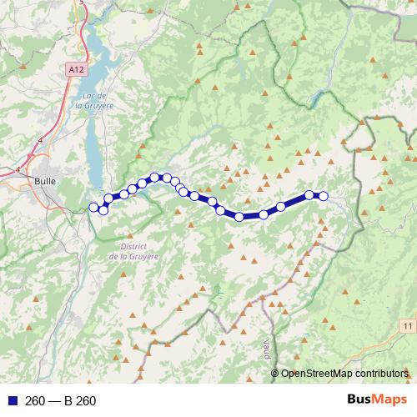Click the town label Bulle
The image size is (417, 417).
point(46,179)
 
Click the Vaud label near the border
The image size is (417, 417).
point(266,341)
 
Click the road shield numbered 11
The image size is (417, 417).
point(406,324)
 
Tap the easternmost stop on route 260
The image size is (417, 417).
point(324,197)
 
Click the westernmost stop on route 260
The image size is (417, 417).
point(94,207)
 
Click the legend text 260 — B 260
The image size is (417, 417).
point(60,401)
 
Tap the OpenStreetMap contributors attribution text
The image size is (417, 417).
point(344,373)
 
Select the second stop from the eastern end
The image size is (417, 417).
point(309,195)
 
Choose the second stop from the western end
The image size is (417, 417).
point(103,209)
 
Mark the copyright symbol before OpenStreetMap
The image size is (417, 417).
point(276,373)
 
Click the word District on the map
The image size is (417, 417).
point(134,246)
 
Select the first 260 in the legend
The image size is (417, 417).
point(35,401)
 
